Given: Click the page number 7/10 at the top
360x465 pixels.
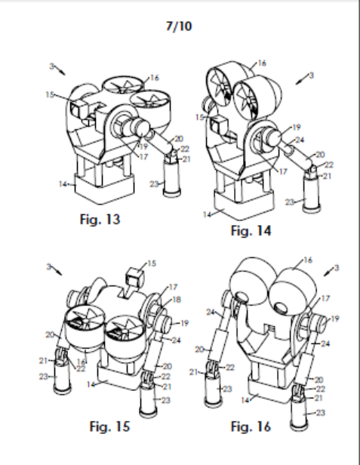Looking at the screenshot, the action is pos(179,26).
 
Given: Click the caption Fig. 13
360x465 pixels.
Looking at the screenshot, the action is pos(100,220).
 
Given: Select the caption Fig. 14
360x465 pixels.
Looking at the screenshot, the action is pos(251,231).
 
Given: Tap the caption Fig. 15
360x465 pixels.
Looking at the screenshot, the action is pos(109,427).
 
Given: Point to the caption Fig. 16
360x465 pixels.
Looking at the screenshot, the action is pos(251,427).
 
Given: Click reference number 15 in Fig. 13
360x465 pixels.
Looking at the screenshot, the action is pos(50,94).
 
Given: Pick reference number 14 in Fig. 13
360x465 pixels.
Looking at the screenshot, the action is pos(63,184).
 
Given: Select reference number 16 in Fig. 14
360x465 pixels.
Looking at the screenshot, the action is pos(262,63).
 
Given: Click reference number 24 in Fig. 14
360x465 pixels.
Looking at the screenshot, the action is pos(300,140).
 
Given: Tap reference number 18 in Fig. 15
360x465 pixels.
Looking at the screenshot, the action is pos(177,300).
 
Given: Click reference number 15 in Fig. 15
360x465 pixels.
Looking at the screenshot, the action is pos(152,263).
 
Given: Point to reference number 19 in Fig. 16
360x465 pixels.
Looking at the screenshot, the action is pos(334,319).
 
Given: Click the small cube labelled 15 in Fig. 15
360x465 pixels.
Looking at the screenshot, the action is pos(135,277).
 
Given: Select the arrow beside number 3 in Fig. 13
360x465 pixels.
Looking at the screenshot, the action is pos(60,71).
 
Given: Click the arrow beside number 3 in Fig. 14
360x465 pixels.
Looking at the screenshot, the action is pos(301,80).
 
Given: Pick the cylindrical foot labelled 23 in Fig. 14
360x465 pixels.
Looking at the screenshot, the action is pos(312,193).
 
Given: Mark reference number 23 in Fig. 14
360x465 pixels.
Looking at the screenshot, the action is pos(289,202).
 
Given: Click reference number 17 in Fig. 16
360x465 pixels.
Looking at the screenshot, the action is pos(325,298).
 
